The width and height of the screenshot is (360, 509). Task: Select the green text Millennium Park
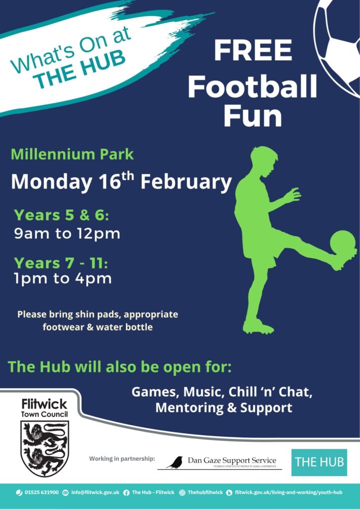pos(72,154)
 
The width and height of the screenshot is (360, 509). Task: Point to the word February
pos(186,182)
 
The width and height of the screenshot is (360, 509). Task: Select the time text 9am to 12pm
pos(67,234)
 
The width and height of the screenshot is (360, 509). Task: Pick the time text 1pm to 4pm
pos(63,279)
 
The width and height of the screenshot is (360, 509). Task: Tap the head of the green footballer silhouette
pos(264,160)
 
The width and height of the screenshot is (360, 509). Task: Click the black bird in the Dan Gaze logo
pos(175,462)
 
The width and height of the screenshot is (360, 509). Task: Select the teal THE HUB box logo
pos(319,462)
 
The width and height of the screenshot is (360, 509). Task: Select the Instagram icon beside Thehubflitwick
pos(182,493)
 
